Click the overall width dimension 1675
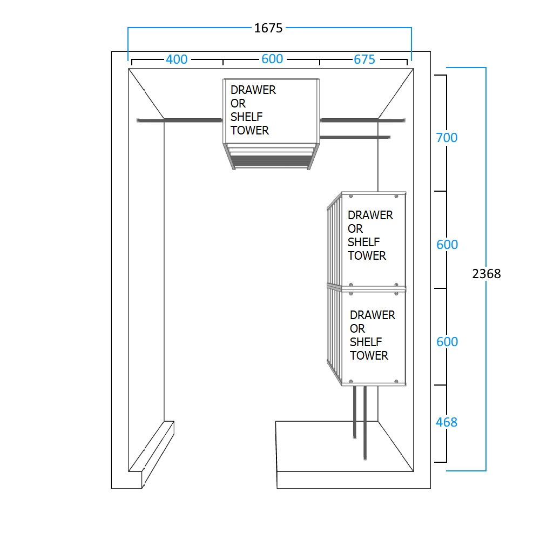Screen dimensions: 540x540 pyautogui.click(x=268, y=28)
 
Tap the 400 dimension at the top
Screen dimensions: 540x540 pyautogui.click(x=177, y=59)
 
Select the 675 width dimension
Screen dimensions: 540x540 pyautogui.click(x=364, y=59)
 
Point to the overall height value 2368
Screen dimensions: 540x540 pyautogui.click(x=487, y=274)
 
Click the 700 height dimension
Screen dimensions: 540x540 pyautogui.click(x=447, y=138)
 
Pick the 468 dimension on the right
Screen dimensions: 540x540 pyautogui.click(x=447, y=422)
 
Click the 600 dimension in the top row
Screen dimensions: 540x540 pyautogui.click(x=272, y=59)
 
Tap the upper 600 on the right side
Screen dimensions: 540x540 pyautogui.click(x=447, y=245)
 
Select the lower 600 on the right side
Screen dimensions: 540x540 pyautogui.click(x=447, y=342)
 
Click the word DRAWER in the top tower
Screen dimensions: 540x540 pyautogui.click(x=253, y=90)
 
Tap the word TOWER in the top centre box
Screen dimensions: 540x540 pyautogui.click(x=249, y=131)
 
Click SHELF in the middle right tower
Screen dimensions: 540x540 pyautogui.click(x=363, y=242)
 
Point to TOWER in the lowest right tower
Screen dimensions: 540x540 pyautogui.click(x=369, y=356)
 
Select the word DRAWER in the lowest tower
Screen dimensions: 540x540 pyautogui.click(x=373, y=315)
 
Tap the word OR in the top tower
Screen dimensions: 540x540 pyautogui.click(x=238, y=104)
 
